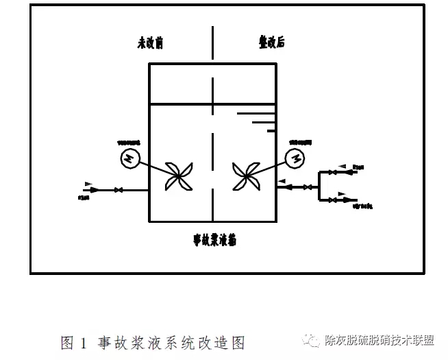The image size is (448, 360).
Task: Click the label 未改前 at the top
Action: click(x=150, y=43)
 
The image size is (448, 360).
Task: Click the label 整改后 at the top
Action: click(x=268, y=43)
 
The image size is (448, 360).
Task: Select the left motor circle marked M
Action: click(x=129, y=158)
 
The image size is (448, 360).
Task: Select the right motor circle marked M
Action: click(x=296, y=158)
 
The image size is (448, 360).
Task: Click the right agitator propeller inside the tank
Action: click(x=246, y=177)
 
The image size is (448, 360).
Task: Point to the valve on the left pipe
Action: click(x=119, y=189)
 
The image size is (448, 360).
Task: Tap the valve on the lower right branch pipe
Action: click(x=332, y=200)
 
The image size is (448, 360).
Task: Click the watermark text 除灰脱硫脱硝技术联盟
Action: click(x=379, y=341)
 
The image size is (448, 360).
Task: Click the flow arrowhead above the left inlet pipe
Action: click(x=88, y=183)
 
